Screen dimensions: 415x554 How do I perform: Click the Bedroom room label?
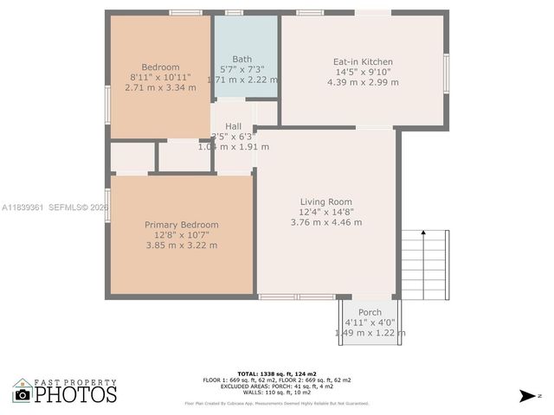pos(160,67)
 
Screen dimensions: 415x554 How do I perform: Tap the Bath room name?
pos(242,59)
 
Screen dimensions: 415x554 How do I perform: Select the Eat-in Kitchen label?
pos(364,62)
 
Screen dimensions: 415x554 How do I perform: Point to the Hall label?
pos(233,126)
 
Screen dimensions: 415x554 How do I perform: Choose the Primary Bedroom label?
pos(182,225)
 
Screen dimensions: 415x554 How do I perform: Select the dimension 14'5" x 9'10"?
pos(364,73)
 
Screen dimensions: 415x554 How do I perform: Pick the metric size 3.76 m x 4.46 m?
pos(326,222)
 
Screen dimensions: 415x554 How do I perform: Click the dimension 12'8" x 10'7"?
pos(182,235)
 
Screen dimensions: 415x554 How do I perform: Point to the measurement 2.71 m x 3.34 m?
pos(160,87)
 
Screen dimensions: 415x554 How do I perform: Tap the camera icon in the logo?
pos(23,394)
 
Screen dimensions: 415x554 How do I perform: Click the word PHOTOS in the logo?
pos(76,395)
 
